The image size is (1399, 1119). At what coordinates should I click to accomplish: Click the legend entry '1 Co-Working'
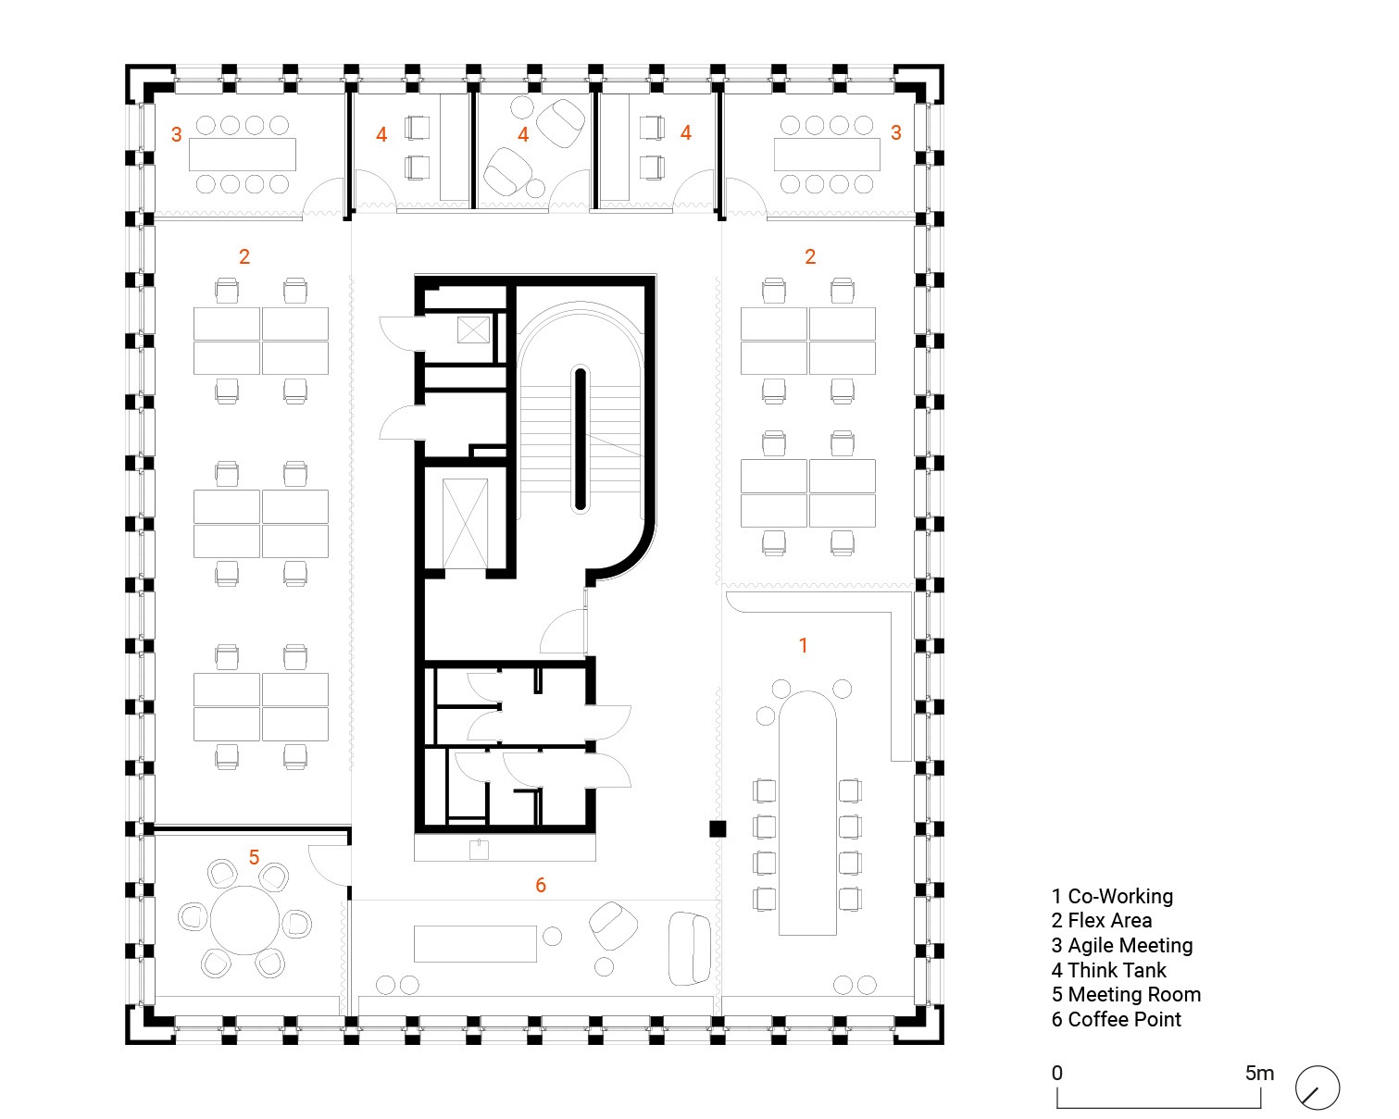pos(1111,896)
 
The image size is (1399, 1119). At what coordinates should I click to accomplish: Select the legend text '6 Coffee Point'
pos(1116,1019)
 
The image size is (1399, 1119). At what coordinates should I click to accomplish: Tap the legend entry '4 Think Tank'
pos(1108,970)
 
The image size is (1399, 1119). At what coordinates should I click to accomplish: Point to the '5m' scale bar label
pos(1259,1074)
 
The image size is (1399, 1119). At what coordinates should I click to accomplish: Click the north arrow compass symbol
pos(1317,1088)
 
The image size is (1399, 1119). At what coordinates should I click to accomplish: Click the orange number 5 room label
pos(254,858)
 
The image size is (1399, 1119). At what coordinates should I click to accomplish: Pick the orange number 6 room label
pos(541,886)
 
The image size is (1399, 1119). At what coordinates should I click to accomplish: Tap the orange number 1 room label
pos(804,645)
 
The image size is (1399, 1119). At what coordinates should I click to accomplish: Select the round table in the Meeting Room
pos(244,920)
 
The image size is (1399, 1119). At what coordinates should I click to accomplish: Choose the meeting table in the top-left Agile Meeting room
pos(243,155)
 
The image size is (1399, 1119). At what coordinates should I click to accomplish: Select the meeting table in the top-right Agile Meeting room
pos(827,155)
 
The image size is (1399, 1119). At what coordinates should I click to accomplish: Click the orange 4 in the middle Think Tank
pos(523,135)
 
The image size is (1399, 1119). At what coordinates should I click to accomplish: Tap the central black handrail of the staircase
pos(580,439)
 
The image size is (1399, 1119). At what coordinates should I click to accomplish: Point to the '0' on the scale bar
pos(1057,1074)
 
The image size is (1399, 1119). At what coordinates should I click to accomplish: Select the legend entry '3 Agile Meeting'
pos(1121,945)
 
